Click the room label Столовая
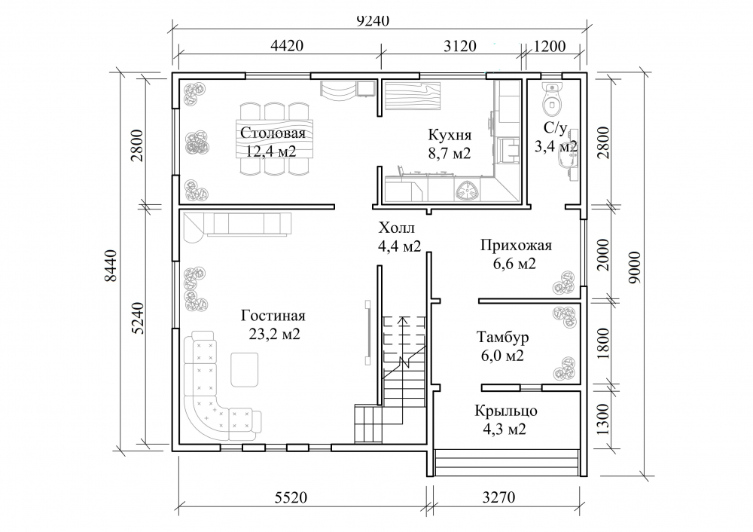coord(273,133)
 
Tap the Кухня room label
coord(450,135)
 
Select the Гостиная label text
coord(273,316)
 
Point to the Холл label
coord(396,228)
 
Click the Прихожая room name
coord(517,246)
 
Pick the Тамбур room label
coord(502,337)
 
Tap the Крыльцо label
coord(506,411)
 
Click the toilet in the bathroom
coord(552,99)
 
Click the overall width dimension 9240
coord(373,20)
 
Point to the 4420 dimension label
coord(287,46)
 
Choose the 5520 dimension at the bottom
coord(291,497)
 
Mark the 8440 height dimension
coord(111,266)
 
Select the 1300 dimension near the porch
coord(603,419)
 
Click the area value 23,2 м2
coord(275,334)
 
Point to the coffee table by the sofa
coord(245,369)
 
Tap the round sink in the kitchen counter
coord(466,191)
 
